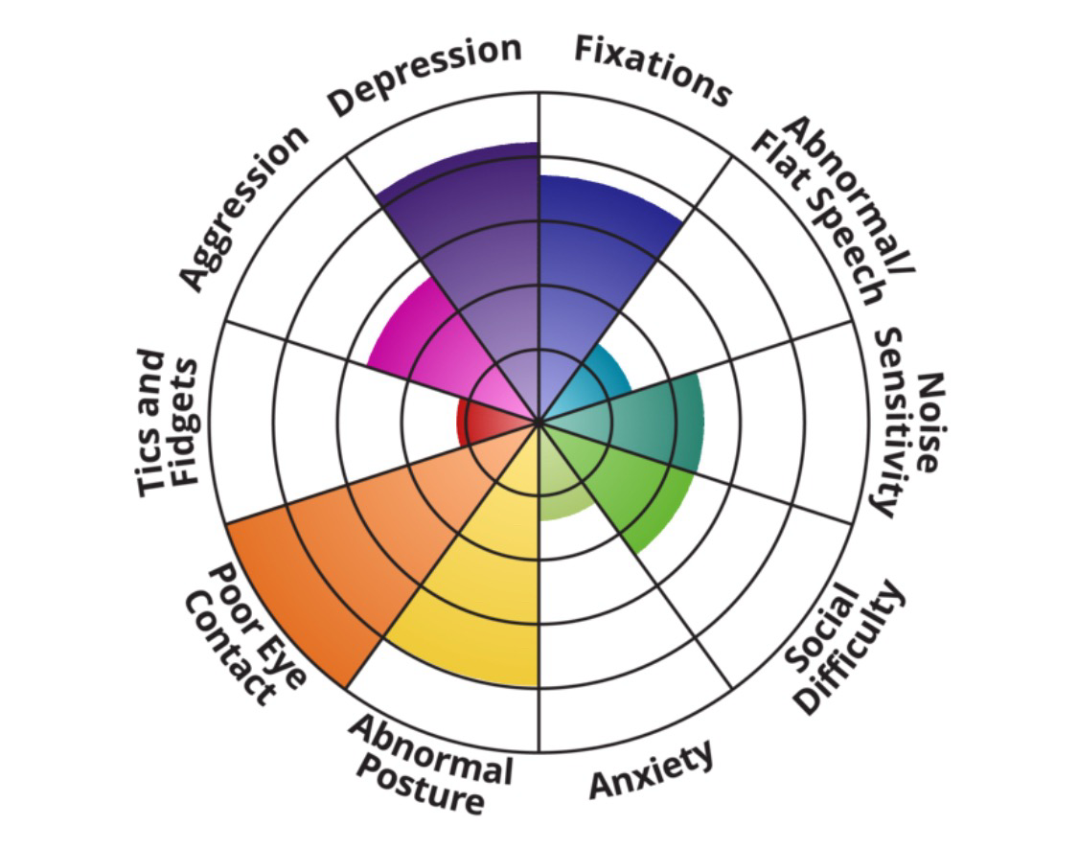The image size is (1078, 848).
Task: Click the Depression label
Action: coord(425,76)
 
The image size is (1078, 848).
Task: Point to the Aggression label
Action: coord(245,206)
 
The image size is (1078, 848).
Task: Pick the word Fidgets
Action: coord(184,422)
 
